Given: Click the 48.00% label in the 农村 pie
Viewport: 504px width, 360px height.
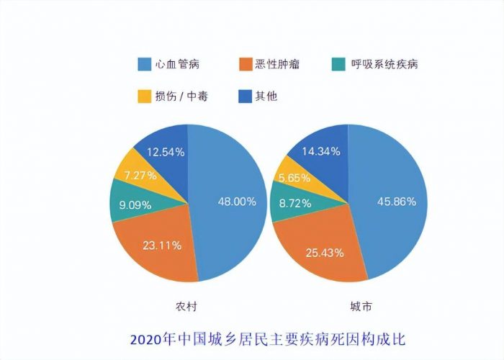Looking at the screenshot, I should [x=237, y=202].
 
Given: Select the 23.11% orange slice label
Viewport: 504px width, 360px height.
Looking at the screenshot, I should [x=161, y=246].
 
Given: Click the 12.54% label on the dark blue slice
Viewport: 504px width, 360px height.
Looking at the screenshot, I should [x=166, y=152].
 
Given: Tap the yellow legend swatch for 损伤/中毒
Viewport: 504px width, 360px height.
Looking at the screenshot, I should [x=143, y=95].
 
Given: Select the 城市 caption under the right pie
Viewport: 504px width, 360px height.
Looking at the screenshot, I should [x=348, y=307].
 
